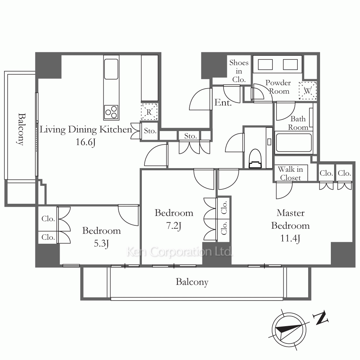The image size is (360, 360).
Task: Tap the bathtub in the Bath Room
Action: pyautogui.click(x=294, y=143)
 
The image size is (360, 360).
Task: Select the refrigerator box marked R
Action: pyautogui.click(x=149, y=112)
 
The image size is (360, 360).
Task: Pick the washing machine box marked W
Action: pyautogui.click(x=308, y=91)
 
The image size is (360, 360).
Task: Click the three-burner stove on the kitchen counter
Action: pyautogui.click(x=111, y=112)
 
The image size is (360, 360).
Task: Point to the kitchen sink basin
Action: pyautogui.click(x=111, y=69)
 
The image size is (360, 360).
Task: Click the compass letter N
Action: pyautogui.click(x=321, y=318)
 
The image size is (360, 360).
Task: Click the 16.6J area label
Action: pyautogui.click(x=85, y=142)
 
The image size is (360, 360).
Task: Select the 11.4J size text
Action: pyautogui.click(x=290, y=238)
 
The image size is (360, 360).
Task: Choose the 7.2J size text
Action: pyautogui.click(x=174, y=226)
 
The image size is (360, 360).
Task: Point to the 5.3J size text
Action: pyautogui.click(x=101, y=243)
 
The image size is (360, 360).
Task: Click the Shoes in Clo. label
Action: pyautogui.click(x=239, y=71)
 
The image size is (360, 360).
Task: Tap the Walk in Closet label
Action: pyautogui.click(x=291, y=174)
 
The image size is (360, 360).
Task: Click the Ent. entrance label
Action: pyautogui.click(x=223, y=102)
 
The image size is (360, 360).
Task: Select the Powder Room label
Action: pyautogui.click(x=278, y=87)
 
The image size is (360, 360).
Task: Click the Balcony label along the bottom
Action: pyautogui.click(x=192, y=282)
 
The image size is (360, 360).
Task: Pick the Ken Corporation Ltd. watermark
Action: pyautogui.click(x=180, y=252)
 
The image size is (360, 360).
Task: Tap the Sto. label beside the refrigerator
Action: pyautogui.click(x=150, y=131)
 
